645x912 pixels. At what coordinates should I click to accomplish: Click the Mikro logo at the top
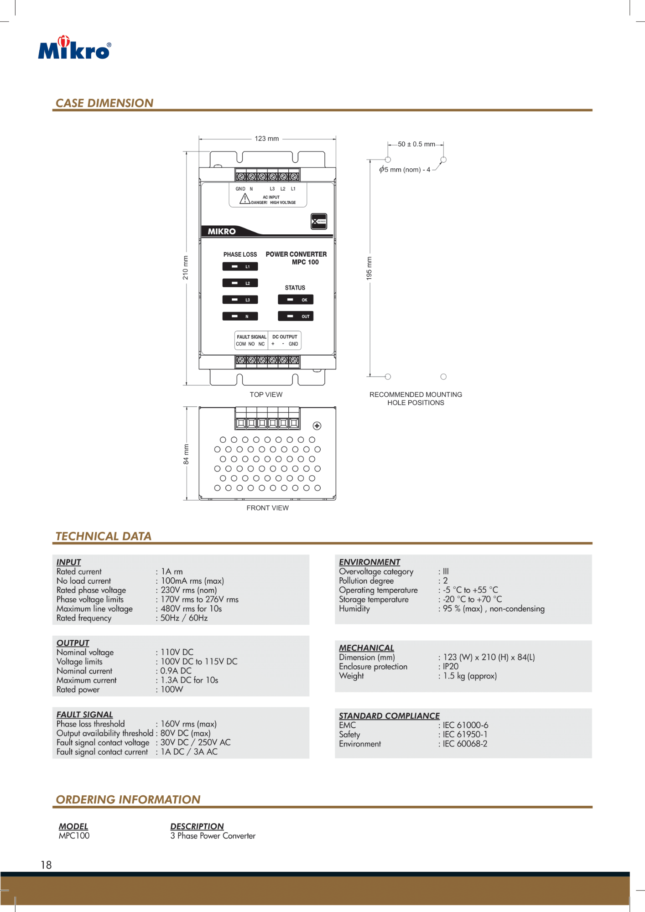tap(74, 48)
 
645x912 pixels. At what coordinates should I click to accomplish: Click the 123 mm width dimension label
tap(267, 139)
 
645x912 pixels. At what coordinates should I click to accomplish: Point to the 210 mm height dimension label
tap(185, 268)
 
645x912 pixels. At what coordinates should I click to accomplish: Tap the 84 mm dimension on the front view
tap(186, 454)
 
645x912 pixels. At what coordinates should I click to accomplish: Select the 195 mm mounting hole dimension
tap(369, 268)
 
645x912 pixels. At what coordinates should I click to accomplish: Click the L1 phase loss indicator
tap(240, 267)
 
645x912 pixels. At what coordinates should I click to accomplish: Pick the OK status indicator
tap(296, 300)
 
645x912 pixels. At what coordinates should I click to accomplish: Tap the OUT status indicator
tap(296, 316)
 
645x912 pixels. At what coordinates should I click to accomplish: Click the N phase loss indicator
tap(240, 316)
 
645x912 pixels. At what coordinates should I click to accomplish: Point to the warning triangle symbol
tap(245, 198)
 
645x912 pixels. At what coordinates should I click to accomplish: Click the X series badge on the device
tap(319, 221)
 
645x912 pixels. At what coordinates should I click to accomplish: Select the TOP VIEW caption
tap(266, 394)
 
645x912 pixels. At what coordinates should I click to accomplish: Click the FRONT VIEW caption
tap(267, 508)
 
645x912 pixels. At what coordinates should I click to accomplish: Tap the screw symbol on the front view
tap(317, 426)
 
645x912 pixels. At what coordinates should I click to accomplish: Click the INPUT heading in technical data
tap(69, 562)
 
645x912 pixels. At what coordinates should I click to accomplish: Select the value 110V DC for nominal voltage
tap(177, 652)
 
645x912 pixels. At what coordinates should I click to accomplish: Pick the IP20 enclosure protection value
tap(451, 666)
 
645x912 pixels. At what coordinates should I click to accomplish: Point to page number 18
tap(46, 865)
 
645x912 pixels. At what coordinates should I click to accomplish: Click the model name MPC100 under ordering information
tap(74, 836)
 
